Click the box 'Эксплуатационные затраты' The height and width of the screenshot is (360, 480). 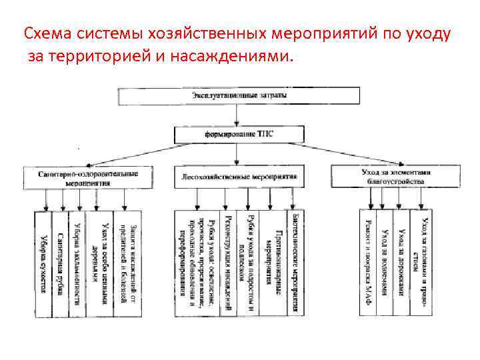point(240,97)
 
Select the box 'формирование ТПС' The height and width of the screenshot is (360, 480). point(238,134)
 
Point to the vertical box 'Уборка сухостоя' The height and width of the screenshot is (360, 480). point(43,263)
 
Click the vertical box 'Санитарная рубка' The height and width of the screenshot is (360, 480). point(60,263)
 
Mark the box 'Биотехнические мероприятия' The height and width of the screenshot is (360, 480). point(296,263)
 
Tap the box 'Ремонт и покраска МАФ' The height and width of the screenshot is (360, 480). point(369,260)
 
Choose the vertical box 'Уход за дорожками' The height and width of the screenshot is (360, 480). point(402,260)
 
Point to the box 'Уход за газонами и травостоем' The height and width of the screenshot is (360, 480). point(421,260)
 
